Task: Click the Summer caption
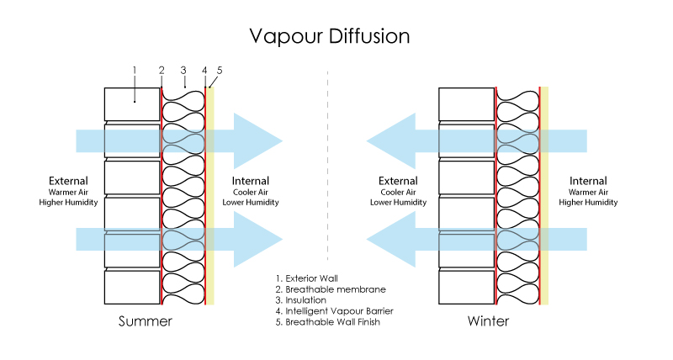pos(146,321)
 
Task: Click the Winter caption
pos(488,321)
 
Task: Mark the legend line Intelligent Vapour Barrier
pos(334,311)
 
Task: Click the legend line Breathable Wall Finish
pos(331,322)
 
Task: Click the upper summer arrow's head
pos(257,141)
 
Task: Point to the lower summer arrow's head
pos(257,239)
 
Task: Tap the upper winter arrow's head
pos(391,141)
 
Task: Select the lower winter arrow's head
pos(391,239)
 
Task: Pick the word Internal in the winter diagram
pos(588,181)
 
